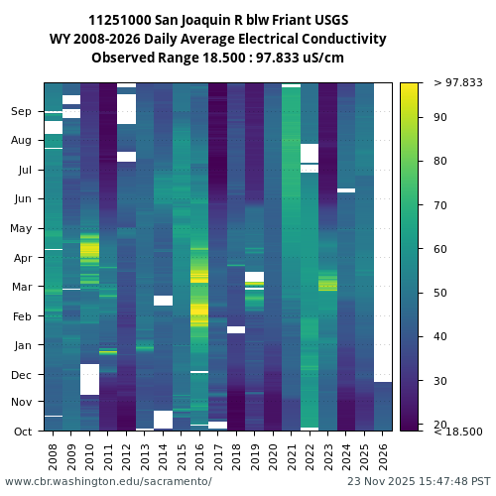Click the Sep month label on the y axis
tap(22, 112)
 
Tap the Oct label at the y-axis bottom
tap(22, 432)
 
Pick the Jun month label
tap(22, 199)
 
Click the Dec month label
tap(22, 375)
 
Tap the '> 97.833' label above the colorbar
tap(458, 82)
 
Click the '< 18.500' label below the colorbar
tap(458, 432)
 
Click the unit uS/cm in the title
tap(323, 58)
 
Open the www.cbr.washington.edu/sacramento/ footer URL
tap(108, 481)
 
